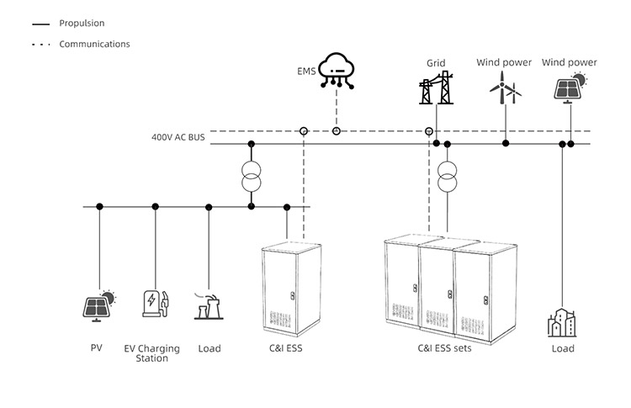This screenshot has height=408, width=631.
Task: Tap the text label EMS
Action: (x=306, y=72)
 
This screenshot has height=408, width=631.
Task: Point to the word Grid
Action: (x=436, y=63)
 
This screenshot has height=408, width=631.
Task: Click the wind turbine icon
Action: (x=505, y=87)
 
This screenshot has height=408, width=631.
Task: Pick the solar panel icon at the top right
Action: (x=570, y=87)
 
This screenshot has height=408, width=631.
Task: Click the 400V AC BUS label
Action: (x=178, y=136)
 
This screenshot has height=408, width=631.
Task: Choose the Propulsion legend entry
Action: (x=82, y=24)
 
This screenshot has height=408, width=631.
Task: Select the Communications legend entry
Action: (x=94, y=44)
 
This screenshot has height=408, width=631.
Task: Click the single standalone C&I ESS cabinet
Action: (x=291, y=286)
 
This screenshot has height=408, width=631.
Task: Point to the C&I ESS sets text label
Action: (x=445, y=348)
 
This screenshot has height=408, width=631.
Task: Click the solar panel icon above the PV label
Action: (x=99, y=305)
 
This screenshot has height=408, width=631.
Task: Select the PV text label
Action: (x=97, y=348)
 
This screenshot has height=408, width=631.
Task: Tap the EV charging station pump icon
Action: (x=154, y=304)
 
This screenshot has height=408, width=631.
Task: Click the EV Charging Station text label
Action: (x=152, y=353)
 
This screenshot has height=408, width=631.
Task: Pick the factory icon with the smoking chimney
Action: (x=209, y=306)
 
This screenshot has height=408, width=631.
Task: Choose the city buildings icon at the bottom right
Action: (x=562, y=322)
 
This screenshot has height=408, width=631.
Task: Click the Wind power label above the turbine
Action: (x=504, y=62)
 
